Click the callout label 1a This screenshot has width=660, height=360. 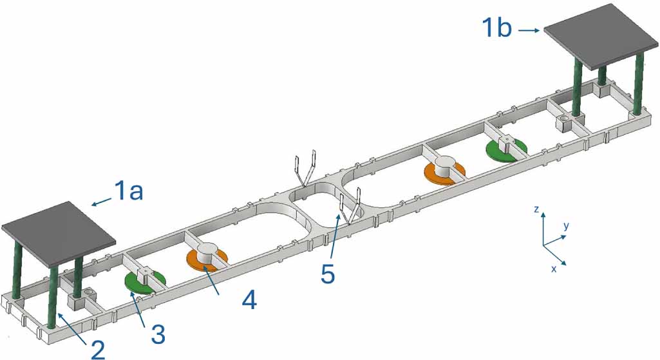128,191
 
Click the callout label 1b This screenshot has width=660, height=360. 496,28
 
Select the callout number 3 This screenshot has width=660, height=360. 156,334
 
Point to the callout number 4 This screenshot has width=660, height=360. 249,301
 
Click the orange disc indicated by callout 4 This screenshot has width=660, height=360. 206,259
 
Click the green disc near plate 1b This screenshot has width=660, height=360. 506,149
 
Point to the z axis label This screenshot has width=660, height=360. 536,209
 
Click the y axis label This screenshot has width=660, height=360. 567,226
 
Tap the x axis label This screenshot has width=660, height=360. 554,269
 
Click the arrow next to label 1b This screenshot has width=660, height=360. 529,30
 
